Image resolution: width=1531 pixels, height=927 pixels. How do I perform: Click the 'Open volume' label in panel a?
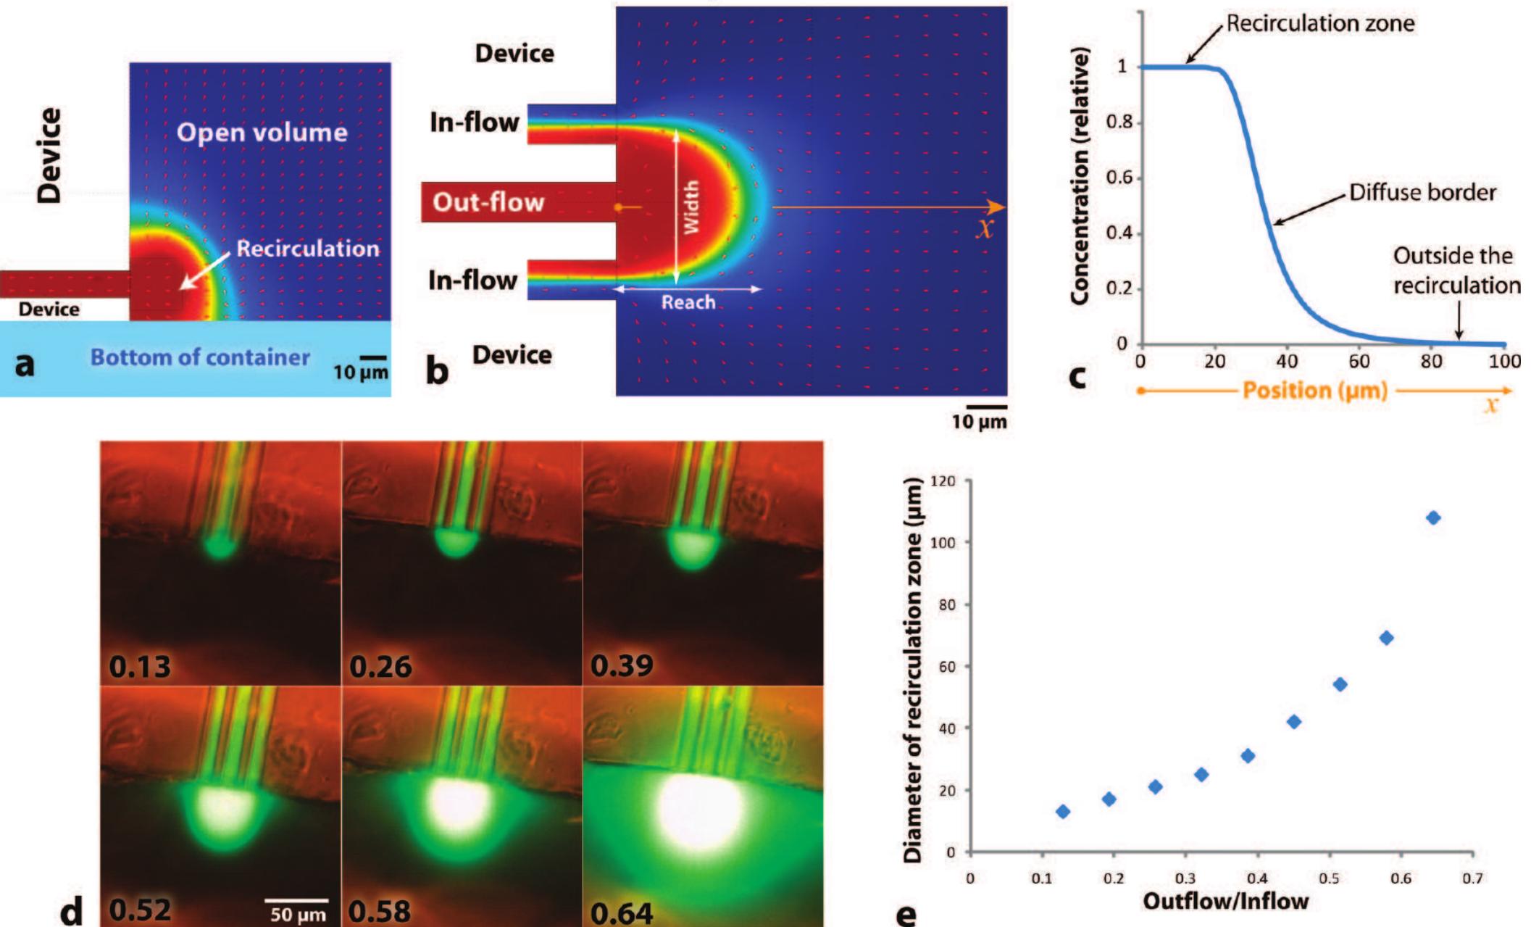pos(262,133)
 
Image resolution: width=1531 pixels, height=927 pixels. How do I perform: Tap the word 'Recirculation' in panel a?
pos(308,249)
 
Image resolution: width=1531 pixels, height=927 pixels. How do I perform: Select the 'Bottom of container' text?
pos(200,357)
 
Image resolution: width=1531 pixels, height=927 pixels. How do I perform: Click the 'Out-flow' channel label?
pos(488,202)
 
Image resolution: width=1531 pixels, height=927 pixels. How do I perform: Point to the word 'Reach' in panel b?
pos(688,302)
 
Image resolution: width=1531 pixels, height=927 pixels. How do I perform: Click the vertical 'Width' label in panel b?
pos(691,207)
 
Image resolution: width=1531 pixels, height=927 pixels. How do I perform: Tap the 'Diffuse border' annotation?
pos(1422,193)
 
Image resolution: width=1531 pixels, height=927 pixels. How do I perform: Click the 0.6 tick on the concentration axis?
pos(1120,178)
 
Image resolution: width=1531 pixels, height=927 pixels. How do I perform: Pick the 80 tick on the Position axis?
pos(1431,361)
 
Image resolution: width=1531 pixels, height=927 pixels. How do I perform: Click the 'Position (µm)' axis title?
pos(1314,391)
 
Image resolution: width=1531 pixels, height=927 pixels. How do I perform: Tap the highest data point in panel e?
pos(1432,517)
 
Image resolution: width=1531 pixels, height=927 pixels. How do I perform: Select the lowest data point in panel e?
pos(1063,812)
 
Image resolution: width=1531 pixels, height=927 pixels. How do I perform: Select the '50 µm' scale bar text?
pos(298,915)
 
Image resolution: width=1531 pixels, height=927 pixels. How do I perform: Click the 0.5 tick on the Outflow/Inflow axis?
pos(1330,878)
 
